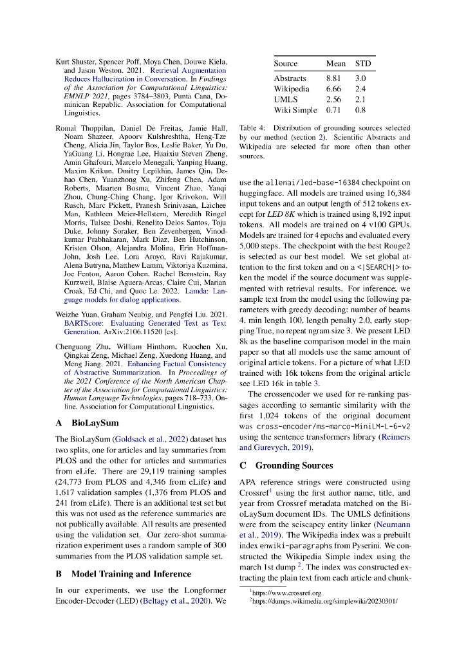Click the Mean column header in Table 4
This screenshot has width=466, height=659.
point(335,64)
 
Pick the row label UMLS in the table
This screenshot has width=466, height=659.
point(285,99)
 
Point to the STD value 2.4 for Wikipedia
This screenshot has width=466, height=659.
point(360,88)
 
